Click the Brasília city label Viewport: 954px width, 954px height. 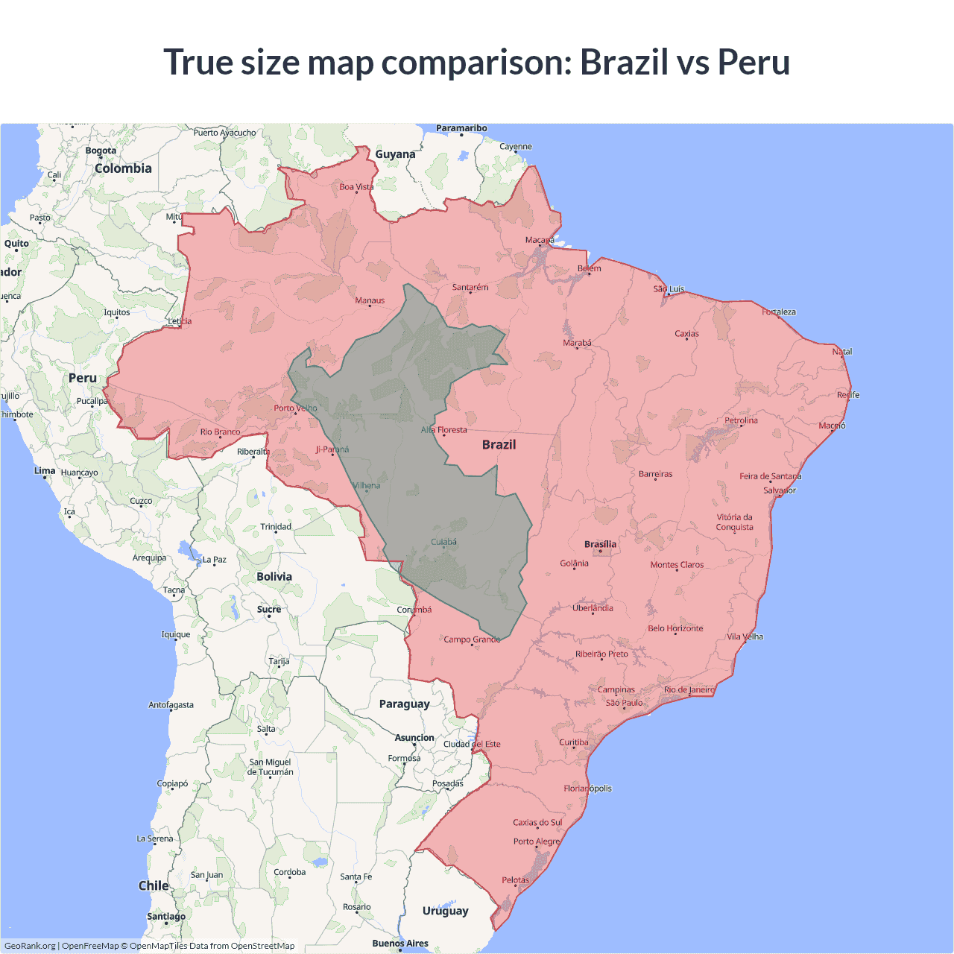[600, 544]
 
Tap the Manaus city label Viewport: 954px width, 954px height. [370, 300]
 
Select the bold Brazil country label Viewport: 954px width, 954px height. [499, 444]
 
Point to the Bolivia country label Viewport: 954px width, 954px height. [274, 576]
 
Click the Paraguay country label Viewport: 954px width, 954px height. [404, 704]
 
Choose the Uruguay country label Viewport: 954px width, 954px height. [445, 910]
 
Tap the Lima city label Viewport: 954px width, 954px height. [45, 470]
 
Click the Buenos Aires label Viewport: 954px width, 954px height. [400, 943]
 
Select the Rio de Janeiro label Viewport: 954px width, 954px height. [689, 689]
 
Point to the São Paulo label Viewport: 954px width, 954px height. [624, 703]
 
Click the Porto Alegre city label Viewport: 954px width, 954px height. [536, 841]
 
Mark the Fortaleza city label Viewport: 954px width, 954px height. [779, 312]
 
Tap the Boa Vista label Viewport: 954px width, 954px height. [356, 186]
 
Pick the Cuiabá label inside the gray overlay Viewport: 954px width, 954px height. [444, 542]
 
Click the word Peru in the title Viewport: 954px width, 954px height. [754, 62]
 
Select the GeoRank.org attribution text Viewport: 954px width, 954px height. [30, 946]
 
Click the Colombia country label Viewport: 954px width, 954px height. [123, 168]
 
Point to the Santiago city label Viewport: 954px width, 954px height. [166, 916]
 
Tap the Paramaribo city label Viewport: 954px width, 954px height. [461, 128]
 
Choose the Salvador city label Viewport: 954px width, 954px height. [780, 490]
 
